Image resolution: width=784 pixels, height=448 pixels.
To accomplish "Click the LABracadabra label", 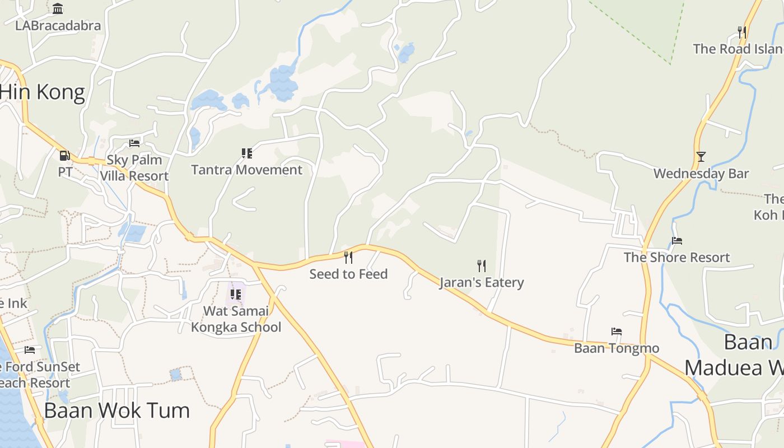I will pyautogui.click(x=58, y=26).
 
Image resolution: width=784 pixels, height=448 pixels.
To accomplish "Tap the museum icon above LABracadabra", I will pyautogui.click(x=58, y=8).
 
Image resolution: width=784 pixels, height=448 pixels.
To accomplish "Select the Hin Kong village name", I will pyautogui.click(x=43, y=92).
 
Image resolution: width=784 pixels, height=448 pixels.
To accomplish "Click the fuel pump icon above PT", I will pyautogui.click(x=65, y=155).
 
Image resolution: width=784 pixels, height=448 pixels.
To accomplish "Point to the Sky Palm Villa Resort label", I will pyautogui.click(x=134, y=167).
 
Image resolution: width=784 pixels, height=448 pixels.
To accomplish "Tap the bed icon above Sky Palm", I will pyautogui.click(x=134, y=143).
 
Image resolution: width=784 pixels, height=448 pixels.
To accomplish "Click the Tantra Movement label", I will pyautogui.click(x=246, y=170).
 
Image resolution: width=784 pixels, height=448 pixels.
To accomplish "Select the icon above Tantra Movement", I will pyautogui.click(x=246, y=153).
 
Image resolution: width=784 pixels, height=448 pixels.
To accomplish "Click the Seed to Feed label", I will pyautogui.click(x=348, y=274).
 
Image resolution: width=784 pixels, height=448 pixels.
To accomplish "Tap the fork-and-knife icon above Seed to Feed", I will pyautogui.click(x=348, y=257).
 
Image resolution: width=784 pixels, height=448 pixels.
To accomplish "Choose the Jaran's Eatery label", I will pyautogui.click(x=482, y=282).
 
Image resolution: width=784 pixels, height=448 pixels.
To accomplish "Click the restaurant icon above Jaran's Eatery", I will pyautogui.click(x=481, y=265).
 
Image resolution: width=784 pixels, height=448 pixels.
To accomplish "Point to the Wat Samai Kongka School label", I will pyautogui.click(x=236, y=319).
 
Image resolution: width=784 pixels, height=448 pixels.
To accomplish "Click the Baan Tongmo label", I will pyautogui.click(x=617, y=348).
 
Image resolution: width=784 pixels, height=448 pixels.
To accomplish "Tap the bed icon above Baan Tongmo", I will pyautogui.click(x=617, y=332).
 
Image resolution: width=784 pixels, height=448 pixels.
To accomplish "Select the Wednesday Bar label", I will pyautogui.click(x=701, y=174).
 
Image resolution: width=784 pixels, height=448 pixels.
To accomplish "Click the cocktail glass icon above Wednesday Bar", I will pyautogui.click(x=701, y=156).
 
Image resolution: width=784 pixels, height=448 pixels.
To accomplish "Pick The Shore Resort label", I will pyautogui.click(x=677, y=258).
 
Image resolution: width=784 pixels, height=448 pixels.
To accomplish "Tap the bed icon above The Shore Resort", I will pyautogui.click(x=677, y=241).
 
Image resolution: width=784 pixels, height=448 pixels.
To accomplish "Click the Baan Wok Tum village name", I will pyautogui.click(x=117, y=410).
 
